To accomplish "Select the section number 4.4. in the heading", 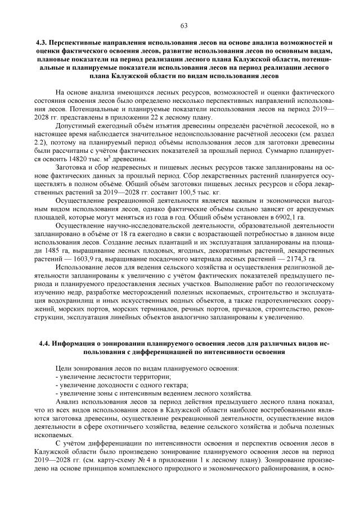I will [x=46, y=343].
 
